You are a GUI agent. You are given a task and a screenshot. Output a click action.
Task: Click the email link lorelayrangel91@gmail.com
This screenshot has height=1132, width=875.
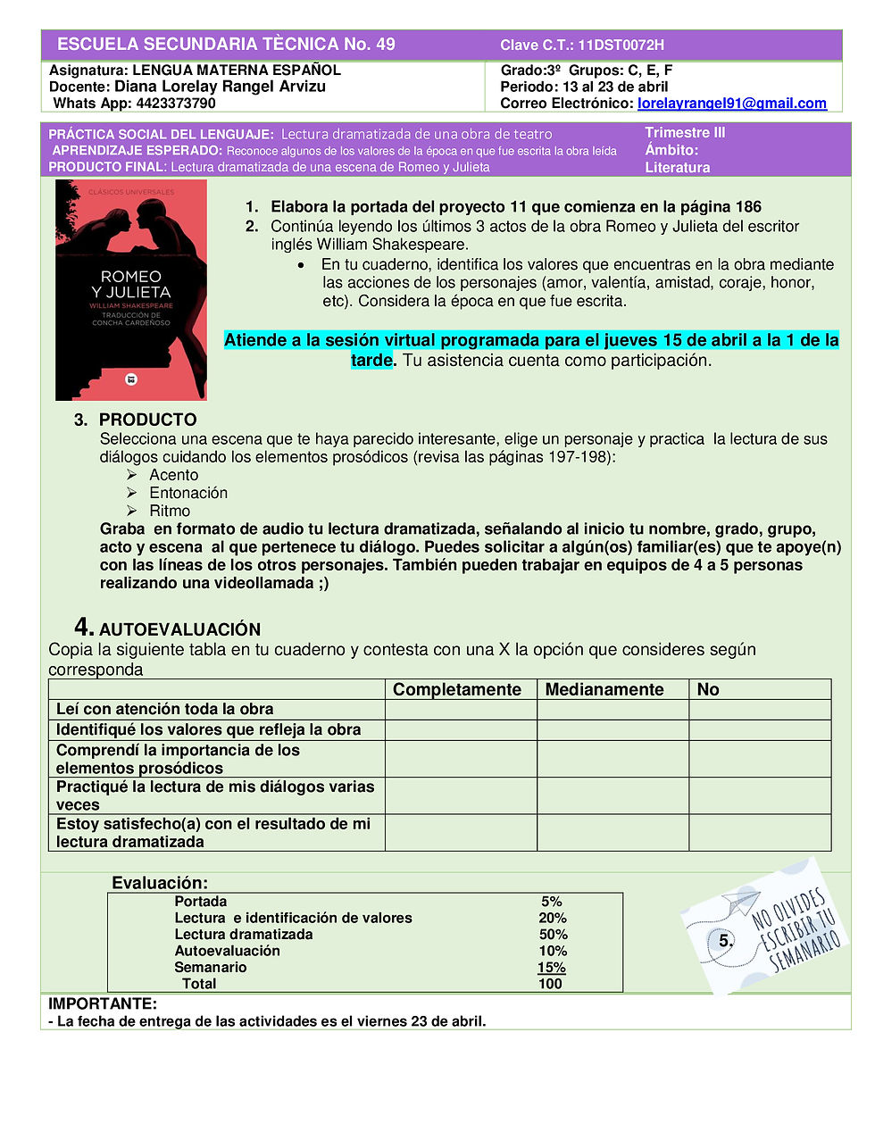coord(732,104)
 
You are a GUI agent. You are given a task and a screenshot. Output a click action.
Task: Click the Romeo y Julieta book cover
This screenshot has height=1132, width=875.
coord(131,290)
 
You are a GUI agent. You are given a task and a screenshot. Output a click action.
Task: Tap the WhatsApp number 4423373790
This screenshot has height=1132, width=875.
coord(175,104)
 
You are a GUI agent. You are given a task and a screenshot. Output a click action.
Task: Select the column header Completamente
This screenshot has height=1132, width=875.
coord(457,689)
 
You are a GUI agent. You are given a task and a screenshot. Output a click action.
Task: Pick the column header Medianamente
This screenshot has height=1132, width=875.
coord(604,689)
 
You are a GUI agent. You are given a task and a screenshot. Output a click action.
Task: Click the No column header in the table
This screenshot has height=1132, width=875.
coord(708,689)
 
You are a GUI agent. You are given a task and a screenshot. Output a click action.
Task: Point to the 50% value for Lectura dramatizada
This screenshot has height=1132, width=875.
coord(553,935)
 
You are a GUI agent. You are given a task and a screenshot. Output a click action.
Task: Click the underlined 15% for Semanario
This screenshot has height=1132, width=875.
coord(551,968)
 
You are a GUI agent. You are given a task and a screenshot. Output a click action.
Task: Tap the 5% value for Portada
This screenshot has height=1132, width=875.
coord(551,902)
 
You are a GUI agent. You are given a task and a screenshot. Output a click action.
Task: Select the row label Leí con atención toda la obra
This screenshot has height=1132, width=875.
coord(165,709)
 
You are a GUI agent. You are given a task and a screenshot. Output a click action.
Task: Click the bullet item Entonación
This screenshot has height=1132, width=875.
coord(188,493)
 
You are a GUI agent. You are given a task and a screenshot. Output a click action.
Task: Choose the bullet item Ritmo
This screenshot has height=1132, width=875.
coord(170,511)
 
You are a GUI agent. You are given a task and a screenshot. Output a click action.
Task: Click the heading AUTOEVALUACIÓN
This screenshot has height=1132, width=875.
coord(179,629)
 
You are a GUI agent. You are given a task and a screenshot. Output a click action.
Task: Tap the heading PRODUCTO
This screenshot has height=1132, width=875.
coord(147,420)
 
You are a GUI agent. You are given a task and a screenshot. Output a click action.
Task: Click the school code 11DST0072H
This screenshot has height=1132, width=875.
coord(621,45)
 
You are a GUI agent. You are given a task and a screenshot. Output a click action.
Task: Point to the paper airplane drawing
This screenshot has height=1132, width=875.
coord(738,902)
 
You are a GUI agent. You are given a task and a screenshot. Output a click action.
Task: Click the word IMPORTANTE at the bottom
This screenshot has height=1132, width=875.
coord(103,1003)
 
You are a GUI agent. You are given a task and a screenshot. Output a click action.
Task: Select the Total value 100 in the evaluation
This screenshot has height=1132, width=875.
coord(550,984)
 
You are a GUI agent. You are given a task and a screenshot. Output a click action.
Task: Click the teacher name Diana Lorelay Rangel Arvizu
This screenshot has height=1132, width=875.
coord(220,87)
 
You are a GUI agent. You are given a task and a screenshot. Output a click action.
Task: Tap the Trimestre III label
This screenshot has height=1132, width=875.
coord(685,133)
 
